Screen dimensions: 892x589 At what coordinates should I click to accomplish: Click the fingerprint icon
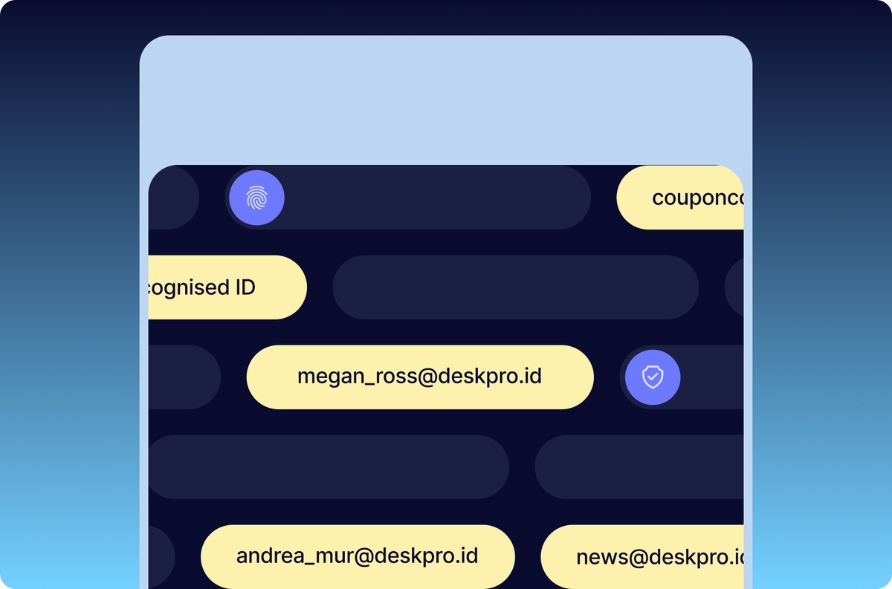click(x=256, y=198)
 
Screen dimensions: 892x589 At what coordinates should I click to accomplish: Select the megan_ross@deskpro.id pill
click(x=420, y=377)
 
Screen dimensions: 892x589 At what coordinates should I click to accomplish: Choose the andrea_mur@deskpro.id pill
click(x=358, y=556)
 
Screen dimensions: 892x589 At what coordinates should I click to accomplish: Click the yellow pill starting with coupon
click(x=681, y=198)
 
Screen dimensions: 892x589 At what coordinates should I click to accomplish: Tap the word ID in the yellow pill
click(x=245, y=287)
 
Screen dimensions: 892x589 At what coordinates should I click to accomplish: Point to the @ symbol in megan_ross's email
click(x=413, y=377)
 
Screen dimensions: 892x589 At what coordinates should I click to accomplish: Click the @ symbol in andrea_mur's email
click(x=350, y=556)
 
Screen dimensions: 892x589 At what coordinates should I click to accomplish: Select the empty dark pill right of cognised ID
click(x=515, y=287)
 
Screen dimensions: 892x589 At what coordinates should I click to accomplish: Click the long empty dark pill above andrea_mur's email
click(x=328, y=466)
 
